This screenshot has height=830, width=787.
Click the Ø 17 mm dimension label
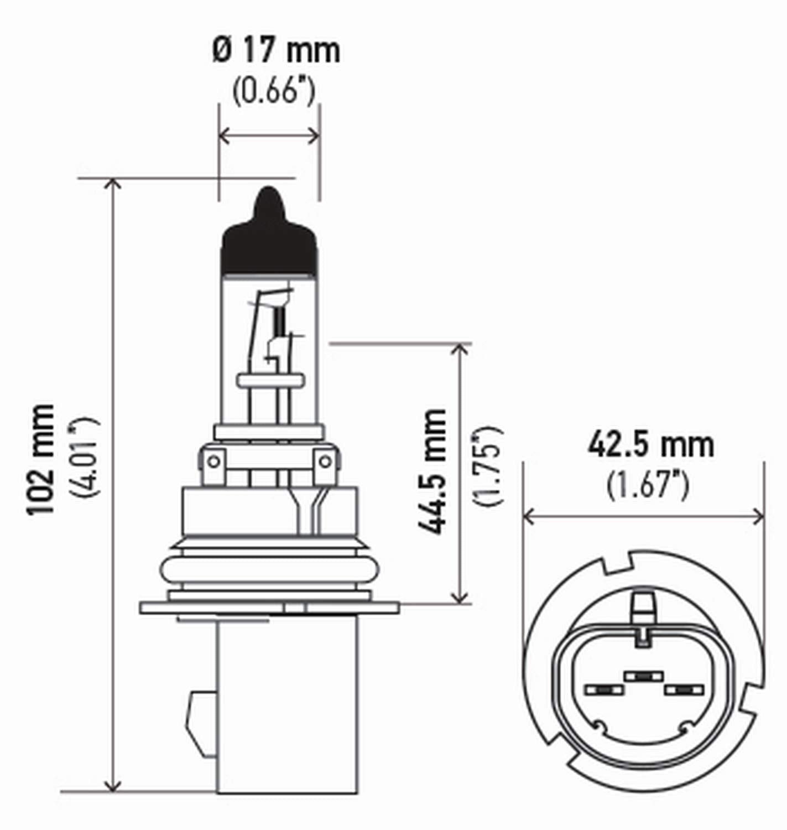(276, 51)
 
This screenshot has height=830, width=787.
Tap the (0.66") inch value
(274, 91)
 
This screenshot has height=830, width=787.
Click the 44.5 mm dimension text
(432, 471)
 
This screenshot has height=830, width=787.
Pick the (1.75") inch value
(488, 466)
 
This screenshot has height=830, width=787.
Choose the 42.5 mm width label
(650, 445)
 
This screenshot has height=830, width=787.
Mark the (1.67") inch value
(647, 486)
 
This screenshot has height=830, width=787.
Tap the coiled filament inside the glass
(280, 320)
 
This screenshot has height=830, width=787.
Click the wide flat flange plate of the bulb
(269, 607)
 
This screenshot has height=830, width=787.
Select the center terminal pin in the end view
(643, 676)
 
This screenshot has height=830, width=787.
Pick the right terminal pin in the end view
(684, 690)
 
